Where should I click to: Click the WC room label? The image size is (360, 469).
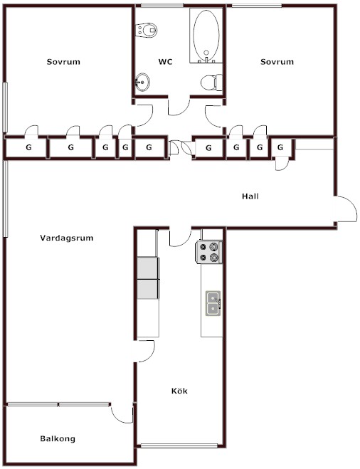[x=165, y=62]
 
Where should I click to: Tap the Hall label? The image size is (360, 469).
[x=250, y=196]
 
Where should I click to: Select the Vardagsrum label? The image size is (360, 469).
[x=67, y=238]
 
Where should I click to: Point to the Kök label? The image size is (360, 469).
[x=179, y=391]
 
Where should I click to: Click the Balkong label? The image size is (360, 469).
[x=58, y=439]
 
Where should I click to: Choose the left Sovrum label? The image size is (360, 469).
[x=63, y=62]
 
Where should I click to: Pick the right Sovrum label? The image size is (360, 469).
[x=277, y=62]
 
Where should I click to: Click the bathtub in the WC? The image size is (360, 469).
[x=206, y=36]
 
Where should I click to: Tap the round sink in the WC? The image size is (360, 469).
[x=142, y=82]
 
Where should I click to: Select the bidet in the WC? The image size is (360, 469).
[x=147, y=30]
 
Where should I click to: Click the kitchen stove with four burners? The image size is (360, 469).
[x=208, y=252]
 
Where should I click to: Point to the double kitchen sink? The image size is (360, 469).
[x=213, y=303]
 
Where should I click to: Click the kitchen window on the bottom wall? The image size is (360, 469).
[x=179, y=446]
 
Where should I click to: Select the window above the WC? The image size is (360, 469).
[x=162, y=5]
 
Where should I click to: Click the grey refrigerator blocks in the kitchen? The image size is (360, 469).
[x=148, y=278]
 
